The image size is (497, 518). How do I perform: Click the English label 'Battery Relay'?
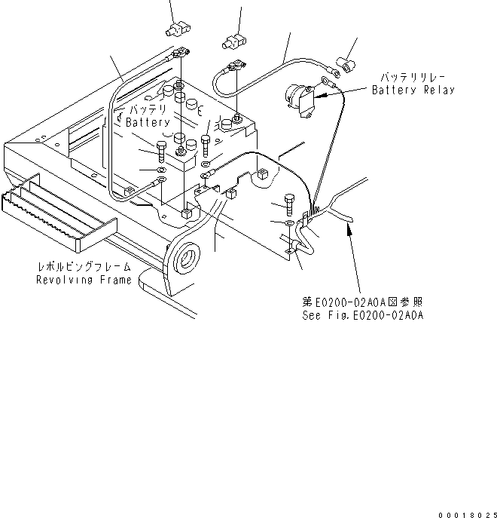[413, 90]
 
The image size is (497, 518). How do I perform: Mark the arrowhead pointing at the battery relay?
[318, 96]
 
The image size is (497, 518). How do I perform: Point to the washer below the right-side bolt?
[291, 223]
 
